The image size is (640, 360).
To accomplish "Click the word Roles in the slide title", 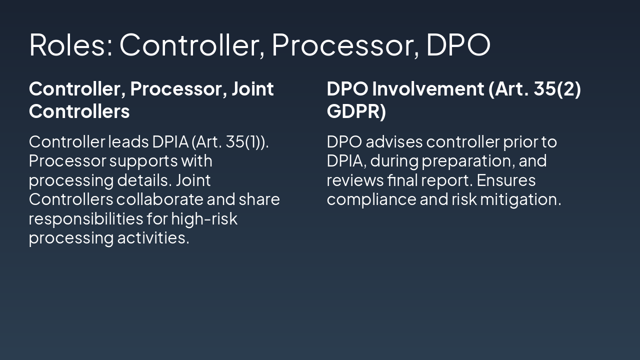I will point(70,44).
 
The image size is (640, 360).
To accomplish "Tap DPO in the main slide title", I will point(457,44).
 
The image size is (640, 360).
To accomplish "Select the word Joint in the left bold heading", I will point(252,89).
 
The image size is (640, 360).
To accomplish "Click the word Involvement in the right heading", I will point(427,89).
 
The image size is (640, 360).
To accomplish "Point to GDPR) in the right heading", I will point(356,111).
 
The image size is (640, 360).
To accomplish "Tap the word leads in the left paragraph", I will point(128,142).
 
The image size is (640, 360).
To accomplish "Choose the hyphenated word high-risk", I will point(204,218).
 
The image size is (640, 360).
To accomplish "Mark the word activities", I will point(153,237).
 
